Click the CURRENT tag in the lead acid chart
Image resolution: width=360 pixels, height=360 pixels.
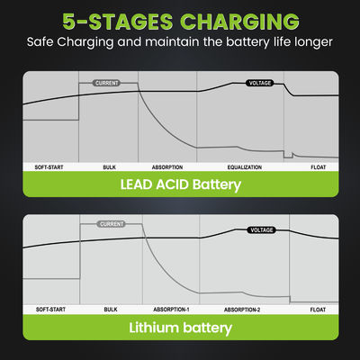click(x=107, y=83)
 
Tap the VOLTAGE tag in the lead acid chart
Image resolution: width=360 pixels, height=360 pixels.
click(x=260, y=83)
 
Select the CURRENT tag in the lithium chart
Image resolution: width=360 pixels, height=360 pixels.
click(x=112, y=224)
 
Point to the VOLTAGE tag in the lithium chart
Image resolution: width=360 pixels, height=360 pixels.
click(x=261, y=230)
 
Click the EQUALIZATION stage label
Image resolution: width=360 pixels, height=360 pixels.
click(x=245, y=167)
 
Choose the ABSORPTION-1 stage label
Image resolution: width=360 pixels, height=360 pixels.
click(x=171, y=310)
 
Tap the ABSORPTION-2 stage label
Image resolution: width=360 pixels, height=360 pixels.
click(x=242, y=310)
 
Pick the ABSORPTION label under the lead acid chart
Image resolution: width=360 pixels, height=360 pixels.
click(x=167, y=167)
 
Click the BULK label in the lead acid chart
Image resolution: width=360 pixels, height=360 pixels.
click(x=109, y=167)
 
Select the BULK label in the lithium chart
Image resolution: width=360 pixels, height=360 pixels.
click(x=111, y=310)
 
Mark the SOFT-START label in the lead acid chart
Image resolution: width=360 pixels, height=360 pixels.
click(x=49, y=167)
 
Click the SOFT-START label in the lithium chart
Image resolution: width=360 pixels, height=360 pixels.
click(x=50, y=310)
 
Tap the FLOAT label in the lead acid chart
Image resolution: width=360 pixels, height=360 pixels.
click(x=318, y=167)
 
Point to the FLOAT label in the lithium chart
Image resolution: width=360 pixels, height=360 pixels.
click(x=318, y=310)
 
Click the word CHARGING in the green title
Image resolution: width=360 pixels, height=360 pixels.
click(x=239, y=22)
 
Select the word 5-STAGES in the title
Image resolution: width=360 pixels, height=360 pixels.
click(x=117, y=22)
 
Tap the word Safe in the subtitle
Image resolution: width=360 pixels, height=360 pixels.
click(x=40, y=42)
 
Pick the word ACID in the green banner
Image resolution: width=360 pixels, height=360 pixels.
click(x=172, y=184)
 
